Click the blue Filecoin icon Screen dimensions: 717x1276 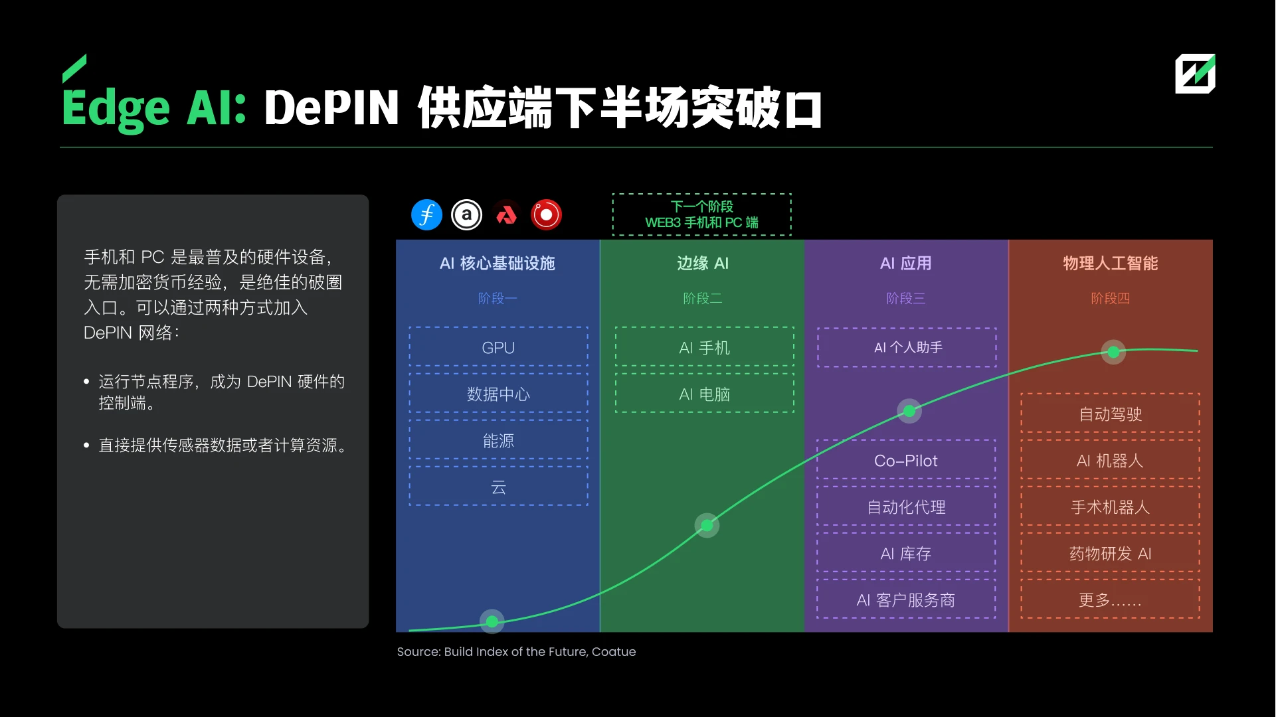click(x=426, y=215)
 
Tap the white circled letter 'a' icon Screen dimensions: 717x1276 click(x=466, y=215)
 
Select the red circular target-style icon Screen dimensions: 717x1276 click(x=546, y=215)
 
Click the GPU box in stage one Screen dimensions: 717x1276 click(x=498, y=347)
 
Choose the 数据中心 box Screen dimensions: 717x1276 click(x=498, y=394)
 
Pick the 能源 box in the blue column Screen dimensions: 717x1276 click(x=498, y=440)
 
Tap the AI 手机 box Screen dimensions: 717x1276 click(x=704, y=347)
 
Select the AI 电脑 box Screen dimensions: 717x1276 click(x=704, y=394)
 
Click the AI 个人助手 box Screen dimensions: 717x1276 click(x=907, y=347)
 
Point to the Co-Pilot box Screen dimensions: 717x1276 click(x=906, y=460)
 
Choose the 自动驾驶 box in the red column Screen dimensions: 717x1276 click(x=1110, y=414)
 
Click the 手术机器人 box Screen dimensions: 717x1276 click(x=1110, y=507)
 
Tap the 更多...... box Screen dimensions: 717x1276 click(x=1110, y=599)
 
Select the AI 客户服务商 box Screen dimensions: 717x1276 click(x=906, y=599)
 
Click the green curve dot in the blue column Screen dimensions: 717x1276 click(x=492, y=621)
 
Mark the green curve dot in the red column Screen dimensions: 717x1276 click(x=1113, y=352)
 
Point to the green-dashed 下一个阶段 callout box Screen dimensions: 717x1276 click(x=701, y=214)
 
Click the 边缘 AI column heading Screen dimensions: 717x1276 click(x=703, y=264)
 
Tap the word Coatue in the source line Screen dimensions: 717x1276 click(x=613, y=652)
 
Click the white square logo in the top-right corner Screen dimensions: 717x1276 click(x=1195, y=74)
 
